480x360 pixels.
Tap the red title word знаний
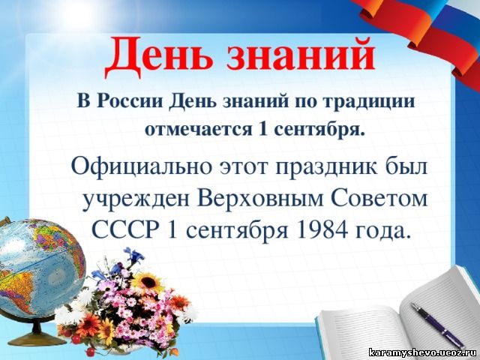coord(301,55)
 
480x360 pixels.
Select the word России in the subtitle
coord(130,101)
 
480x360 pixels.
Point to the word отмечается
coord(198,129)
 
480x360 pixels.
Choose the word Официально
coord(142,167)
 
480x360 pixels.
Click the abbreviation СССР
coord(126,229)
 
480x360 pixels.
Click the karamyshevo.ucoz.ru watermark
coord(423,352)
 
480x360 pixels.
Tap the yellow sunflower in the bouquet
coord(148,283)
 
